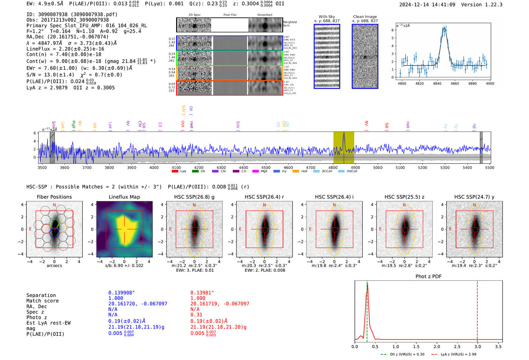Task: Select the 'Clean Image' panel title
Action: click(x=365, y=17)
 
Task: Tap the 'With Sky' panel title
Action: click(x=326, y=17)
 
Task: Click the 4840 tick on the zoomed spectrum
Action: click(x=437, y=83)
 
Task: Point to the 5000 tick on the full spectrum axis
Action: click(x=378, y=167)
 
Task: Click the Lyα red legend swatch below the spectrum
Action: click(x=175, y=171)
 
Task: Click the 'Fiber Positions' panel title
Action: click(x=54, y=197)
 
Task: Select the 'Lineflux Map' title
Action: click(x=124, y=197)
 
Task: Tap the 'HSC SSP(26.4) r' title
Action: click(x=264, y=197)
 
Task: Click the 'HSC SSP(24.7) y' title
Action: click(x=474, y=197)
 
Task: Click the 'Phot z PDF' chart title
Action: click(x=428, y=277)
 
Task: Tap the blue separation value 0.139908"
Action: click(x=121, y=293)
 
